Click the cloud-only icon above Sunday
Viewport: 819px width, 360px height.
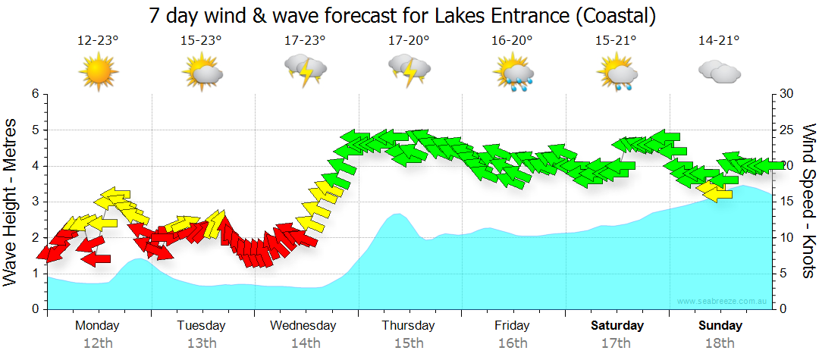tap(719, 72)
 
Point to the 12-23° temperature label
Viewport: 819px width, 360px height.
tap(98, 41)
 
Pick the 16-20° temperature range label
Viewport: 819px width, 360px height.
tap(513, 41)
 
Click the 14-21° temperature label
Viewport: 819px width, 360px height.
tap(719, 41)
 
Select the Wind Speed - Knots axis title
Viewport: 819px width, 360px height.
tap(807, 202)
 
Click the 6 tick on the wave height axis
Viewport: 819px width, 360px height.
tap(35, 94)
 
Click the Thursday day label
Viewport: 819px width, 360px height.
tap(409, 326)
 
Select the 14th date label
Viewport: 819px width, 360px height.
tap(305, 343)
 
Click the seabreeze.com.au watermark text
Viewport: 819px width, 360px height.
tap(723, 301)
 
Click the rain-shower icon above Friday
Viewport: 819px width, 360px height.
tap(513, 73)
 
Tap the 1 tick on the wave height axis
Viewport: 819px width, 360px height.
tap(35, 274)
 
